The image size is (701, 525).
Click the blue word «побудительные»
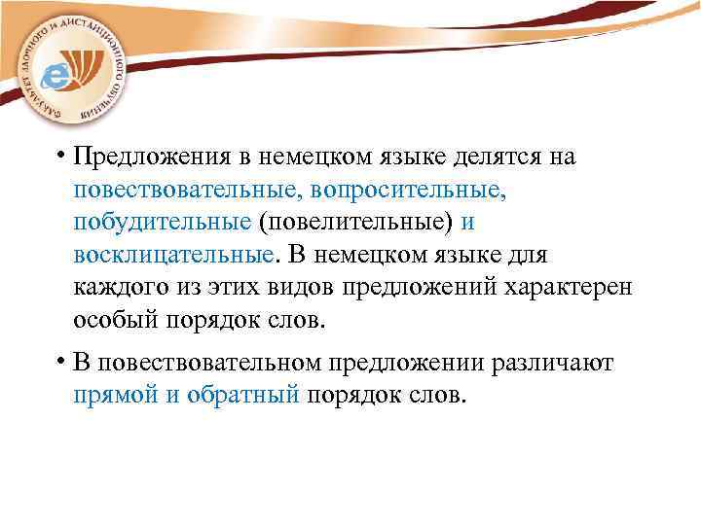pos(162,223)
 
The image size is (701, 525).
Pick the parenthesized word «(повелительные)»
pos(356,223)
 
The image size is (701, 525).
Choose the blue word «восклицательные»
pos(173,255)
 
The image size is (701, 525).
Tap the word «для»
pos(529,255)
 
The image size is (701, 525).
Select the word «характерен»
pos(565,288)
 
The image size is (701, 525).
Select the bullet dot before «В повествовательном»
pos(60,363)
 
